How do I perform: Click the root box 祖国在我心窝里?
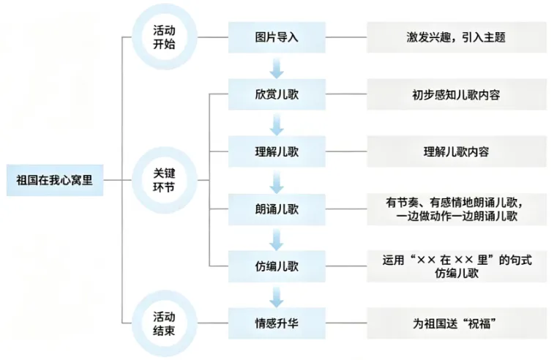click(x=55, y=180)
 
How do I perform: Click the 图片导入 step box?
click(x=277, y=37)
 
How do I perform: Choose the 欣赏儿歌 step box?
click(x=277, y=94)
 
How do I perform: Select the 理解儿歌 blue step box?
click(x=277, y=151)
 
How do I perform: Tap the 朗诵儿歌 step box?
click(x=277, y=209)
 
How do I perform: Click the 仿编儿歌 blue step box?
click(x=277, y=266)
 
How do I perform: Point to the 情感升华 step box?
click(x=277, y=323)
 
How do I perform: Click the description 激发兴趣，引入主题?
click(x=457, y=37)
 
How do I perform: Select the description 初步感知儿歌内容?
click(x=457, y=94)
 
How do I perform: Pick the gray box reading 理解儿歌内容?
click(x=457, y=151)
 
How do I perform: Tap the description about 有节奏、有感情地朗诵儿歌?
click(x=457, y=209)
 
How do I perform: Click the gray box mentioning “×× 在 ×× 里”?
click(x=457, y=266)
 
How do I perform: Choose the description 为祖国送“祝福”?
click(x=457, y=323)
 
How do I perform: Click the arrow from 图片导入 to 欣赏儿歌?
click(x=277, y=68)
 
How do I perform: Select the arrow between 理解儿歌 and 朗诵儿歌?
click(x=277, y=182)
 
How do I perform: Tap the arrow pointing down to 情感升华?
click(x=277, y=297)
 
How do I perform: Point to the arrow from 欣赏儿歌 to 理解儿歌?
click(x=277, y=125)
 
